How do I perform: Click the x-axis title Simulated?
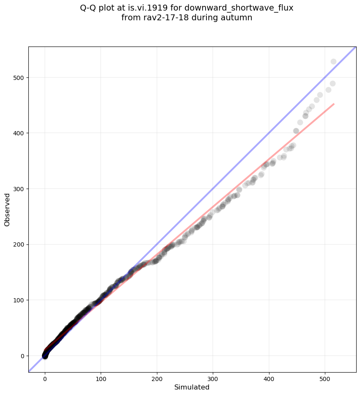(x=192, y=387)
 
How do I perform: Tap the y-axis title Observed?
(x=7, y=210)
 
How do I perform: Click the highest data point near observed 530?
(x=333, y=61)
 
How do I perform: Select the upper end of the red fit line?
(x=334, y=104)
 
